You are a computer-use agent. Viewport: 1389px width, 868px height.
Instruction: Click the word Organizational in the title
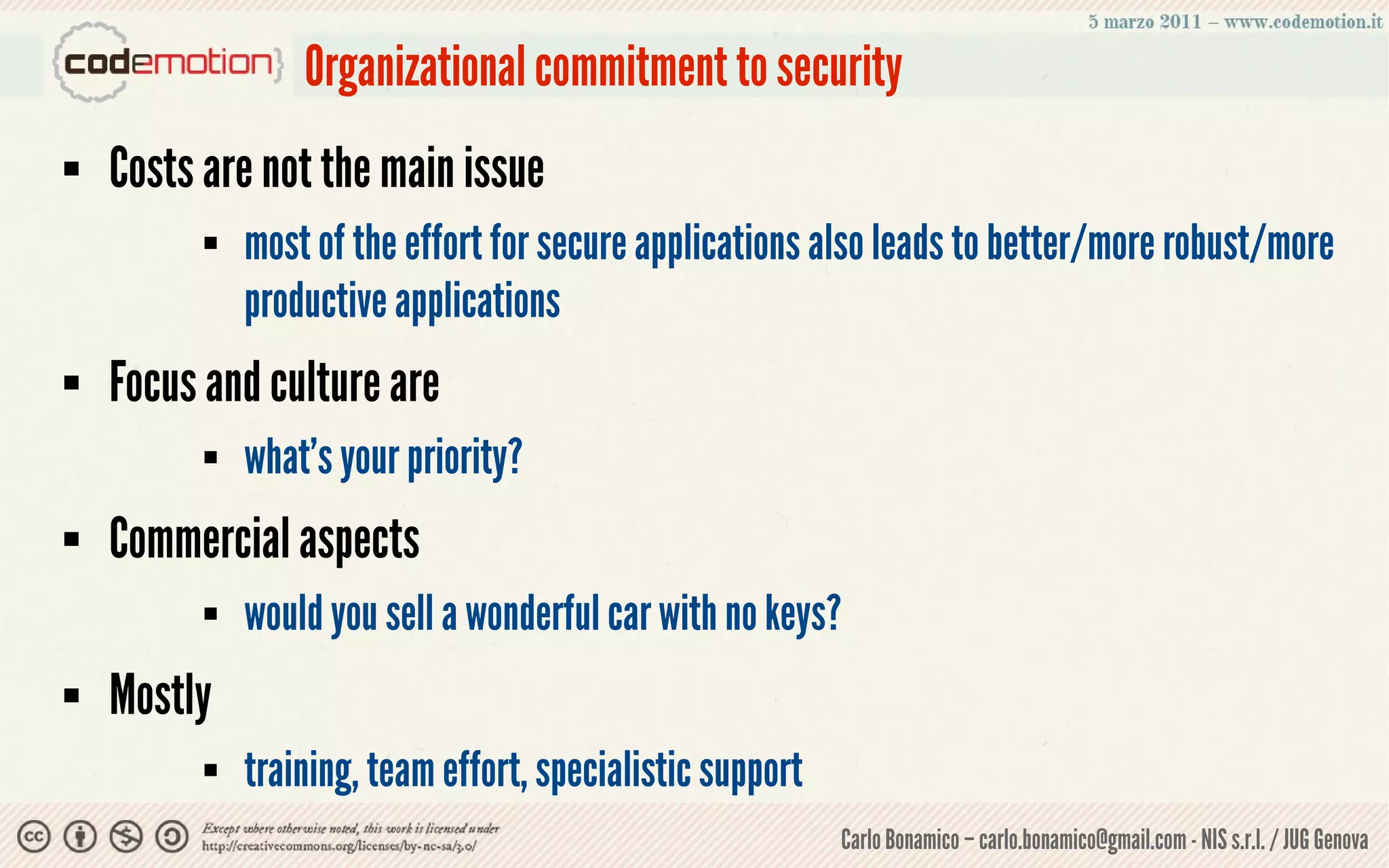click(x=415, y=67)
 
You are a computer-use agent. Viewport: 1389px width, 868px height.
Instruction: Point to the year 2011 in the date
click(x=1180, y=22)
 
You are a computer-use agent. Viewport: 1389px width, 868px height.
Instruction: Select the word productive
click(x=315, y=301)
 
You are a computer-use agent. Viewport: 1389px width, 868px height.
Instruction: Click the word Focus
click(x=153, y=382)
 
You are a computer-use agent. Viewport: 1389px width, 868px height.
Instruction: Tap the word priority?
click(x=465, y=458)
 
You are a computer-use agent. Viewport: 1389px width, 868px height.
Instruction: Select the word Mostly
click(x=160, y=695)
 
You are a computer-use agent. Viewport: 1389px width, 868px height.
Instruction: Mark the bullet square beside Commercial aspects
click(x=71, y=540)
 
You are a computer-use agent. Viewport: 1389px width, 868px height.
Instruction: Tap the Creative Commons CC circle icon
click(x=34, y=837)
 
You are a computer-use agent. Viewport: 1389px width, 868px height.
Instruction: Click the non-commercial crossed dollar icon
click(x=126, y=837)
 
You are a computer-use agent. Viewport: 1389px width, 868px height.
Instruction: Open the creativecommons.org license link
click(x=338, y=846)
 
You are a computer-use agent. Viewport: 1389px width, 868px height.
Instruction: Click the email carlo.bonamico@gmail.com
click(x=1082, y=840)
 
